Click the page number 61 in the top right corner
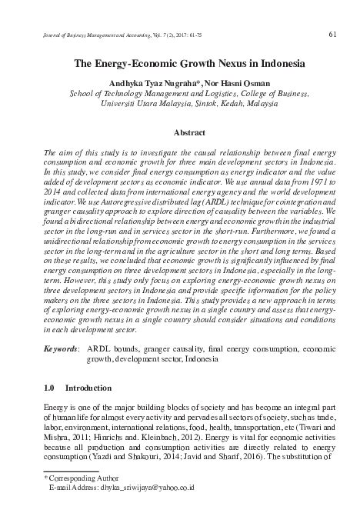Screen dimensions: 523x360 tap(332, 34)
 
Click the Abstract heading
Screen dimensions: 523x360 tap(188, 132)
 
